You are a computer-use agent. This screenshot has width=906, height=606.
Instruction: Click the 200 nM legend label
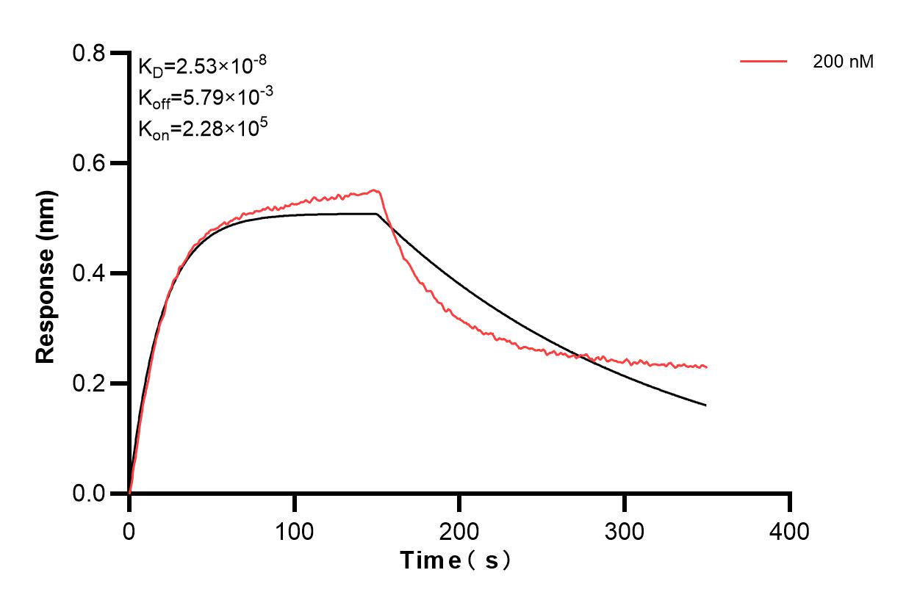(x=843, y=62)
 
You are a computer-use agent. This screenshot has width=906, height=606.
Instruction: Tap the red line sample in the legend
(x=764, y=62)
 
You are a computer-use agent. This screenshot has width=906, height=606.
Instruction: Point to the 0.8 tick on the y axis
(x=89, y=53)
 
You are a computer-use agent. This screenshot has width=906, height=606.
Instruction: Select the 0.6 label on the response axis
(x=89, y=163)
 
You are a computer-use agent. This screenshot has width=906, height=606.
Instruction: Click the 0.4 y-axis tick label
(x=89, y=273)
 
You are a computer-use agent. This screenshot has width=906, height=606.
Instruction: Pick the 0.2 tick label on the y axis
(x=89, y=383)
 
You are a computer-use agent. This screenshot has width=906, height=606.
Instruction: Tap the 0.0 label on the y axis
(x=89, y=494)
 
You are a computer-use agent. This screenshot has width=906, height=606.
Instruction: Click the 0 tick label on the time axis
(x=129, y=529)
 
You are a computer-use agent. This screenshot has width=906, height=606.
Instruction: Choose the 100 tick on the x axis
(x=294, y=529)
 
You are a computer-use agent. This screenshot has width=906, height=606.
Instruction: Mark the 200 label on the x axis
(x=459, y=529)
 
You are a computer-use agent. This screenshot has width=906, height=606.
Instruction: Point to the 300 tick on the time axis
(x=625, y=529)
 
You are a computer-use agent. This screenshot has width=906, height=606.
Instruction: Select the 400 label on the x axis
(x=790, y=529)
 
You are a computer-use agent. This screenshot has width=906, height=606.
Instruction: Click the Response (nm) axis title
(x=46, y=273)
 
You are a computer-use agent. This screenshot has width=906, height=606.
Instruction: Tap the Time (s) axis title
(x=456, y=561)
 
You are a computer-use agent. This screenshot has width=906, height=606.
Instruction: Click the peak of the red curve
(x=375, y=190)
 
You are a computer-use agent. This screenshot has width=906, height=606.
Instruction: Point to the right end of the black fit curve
(x=706, y=405)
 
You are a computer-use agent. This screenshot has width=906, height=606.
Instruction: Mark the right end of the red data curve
(x=707, y=367)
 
